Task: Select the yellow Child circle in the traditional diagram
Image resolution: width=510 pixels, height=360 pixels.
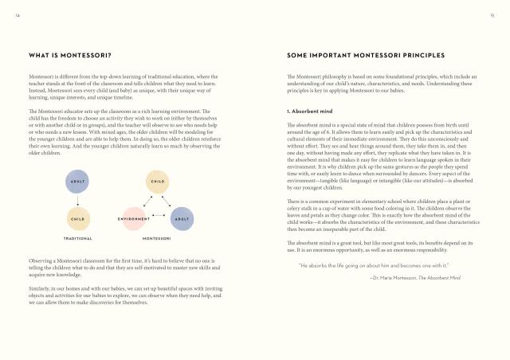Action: (77, 217)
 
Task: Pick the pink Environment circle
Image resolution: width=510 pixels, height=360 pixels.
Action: (135, 217)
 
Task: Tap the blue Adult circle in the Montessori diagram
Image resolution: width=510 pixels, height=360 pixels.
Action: (182, 217)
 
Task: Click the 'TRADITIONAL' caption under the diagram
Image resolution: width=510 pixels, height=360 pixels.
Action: (77, 238)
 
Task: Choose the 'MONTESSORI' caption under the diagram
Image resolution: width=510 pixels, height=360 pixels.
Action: (158, 238)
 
